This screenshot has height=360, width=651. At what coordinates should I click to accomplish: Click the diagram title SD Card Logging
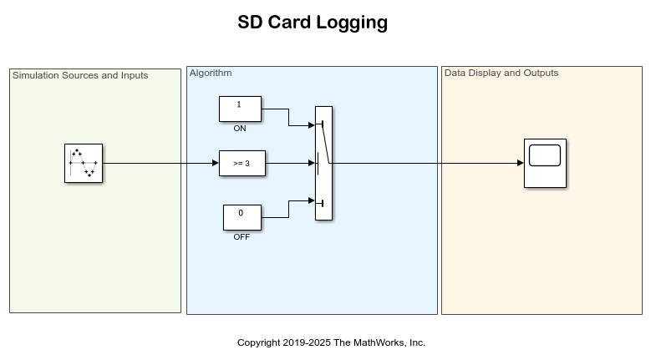coord(313,23)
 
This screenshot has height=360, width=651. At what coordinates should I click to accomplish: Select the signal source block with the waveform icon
coord(82,163)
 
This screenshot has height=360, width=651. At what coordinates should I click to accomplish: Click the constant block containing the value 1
coord(240,109)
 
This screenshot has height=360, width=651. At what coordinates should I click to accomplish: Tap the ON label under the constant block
coord(240,129)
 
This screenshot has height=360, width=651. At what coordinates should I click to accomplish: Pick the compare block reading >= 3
coord(241,164)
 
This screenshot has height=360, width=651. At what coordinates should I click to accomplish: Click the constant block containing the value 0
coord(242,216)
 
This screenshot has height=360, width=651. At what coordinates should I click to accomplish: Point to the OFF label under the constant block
coord(242,237)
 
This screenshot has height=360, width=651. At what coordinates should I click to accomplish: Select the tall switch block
coord(323,163)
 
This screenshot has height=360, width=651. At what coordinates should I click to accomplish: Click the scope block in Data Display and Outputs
coord(545,163)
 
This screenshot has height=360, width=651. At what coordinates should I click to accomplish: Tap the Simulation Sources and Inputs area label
coord(80,75)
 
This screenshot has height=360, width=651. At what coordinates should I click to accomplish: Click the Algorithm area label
coord(211,74)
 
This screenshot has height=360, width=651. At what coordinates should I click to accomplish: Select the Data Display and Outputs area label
coord(501,74)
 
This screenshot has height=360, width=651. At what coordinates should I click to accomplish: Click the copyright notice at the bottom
coord(331,342)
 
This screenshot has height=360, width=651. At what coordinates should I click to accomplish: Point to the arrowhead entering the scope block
coord(520,163)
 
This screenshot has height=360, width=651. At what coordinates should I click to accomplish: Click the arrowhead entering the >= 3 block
coord(215,164)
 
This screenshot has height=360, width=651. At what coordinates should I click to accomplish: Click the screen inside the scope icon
coord(545,155)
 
